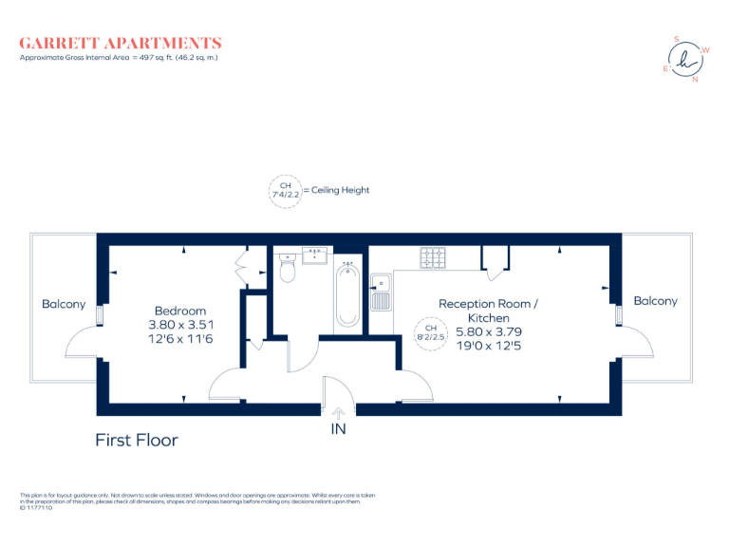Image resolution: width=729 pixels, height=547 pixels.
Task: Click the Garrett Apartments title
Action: point(121,43)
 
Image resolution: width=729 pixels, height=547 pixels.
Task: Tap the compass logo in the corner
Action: point(686,60)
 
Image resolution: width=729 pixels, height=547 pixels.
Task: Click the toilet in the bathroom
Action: point(290,271)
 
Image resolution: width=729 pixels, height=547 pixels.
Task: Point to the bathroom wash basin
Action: point(314,254)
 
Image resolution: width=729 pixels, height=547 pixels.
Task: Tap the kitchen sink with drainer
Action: point(381,292)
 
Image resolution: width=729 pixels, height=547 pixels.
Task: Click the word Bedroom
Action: point(180,311)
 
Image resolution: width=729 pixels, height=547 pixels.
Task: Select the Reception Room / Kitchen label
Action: point(488,311)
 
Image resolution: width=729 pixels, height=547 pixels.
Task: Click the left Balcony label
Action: point(64,304)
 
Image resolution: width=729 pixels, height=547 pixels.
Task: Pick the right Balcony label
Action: point(655,301)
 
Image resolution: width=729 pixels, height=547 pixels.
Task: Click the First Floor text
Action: point(137,440)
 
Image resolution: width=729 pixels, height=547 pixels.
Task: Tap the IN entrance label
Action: point(338,429)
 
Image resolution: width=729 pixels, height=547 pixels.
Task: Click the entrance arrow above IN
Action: point(338,412)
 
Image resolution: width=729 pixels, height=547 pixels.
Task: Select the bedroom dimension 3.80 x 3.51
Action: point(180,325)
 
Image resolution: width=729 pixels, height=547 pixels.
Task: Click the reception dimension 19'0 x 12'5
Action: point(488,347)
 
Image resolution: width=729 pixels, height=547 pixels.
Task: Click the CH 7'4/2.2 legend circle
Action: point(286,190)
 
